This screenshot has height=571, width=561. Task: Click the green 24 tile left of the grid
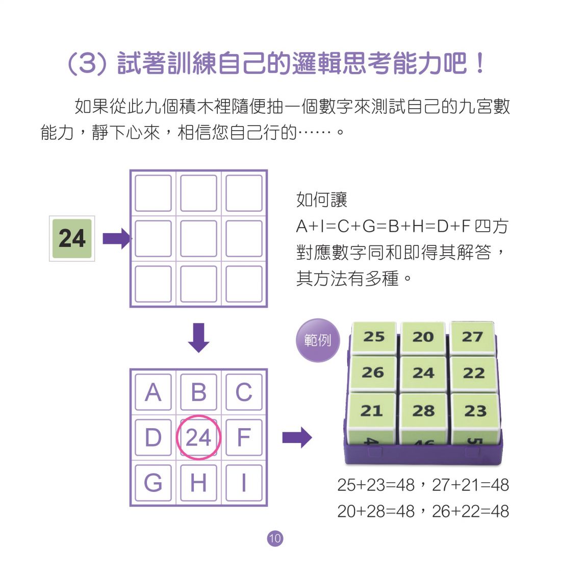coord(72,238)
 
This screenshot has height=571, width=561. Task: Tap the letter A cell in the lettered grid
coord(153,392)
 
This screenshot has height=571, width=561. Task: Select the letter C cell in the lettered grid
coord(244,392)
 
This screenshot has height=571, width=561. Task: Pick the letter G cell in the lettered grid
coord(153,482)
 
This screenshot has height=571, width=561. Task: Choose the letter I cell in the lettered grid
coord(244,482)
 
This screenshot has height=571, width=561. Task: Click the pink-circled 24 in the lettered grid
coord(198,437)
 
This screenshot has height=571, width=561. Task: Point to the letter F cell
coord(244,437)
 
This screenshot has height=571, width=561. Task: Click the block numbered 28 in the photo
coord(423,411)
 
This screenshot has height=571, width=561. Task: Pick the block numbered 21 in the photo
coord(372,411)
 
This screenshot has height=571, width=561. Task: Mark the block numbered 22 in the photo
coord(474,373)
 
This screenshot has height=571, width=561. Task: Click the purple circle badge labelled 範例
coord(318,340)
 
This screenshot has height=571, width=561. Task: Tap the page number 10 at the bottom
coord(275,538)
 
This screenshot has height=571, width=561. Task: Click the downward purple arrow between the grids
coord(198,337)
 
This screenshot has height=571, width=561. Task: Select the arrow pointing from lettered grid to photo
coord(297,437)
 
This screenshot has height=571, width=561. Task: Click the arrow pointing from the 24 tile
coord(117,238)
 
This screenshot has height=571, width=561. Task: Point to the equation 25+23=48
coord(376,485)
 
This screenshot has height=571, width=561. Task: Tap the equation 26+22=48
coord(470,511)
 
